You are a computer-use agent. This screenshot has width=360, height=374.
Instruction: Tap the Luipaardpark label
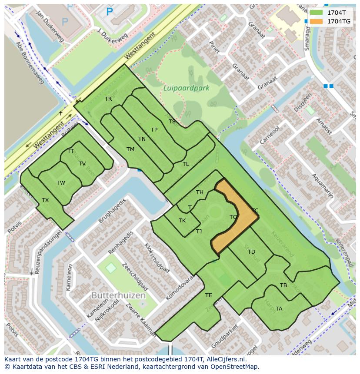tap(187, 88)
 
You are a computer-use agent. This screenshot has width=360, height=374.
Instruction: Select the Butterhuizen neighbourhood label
tap(118, 295)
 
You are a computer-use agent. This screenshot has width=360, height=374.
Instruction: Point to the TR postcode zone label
tap(108, 99)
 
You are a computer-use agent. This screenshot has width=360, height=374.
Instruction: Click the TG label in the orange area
tap(233, 217)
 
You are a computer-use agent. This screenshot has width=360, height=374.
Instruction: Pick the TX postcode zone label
tap(45, 200)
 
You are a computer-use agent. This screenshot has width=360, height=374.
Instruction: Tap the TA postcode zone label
tap(279, 309)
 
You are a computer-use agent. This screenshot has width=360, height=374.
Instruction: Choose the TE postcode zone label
tap(208, 295)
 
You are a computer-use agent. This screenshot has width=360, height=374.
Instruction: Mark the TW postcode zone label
tap(60, 183)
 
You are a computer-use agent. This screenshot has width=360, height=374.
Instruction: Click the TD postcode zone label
tap(251, 252)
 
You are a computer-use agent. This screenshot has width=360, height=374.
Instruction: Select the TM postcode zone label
tap(130, 149)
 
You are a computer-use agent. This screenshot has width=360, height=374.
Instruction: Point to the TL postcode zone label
tap(186, 164)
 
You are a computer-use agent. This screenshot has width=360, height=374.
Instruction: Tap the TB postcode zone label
tap(283, 285)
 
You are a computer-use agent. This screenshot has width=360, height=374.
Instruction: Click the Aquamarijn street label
tap(323, 187)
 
